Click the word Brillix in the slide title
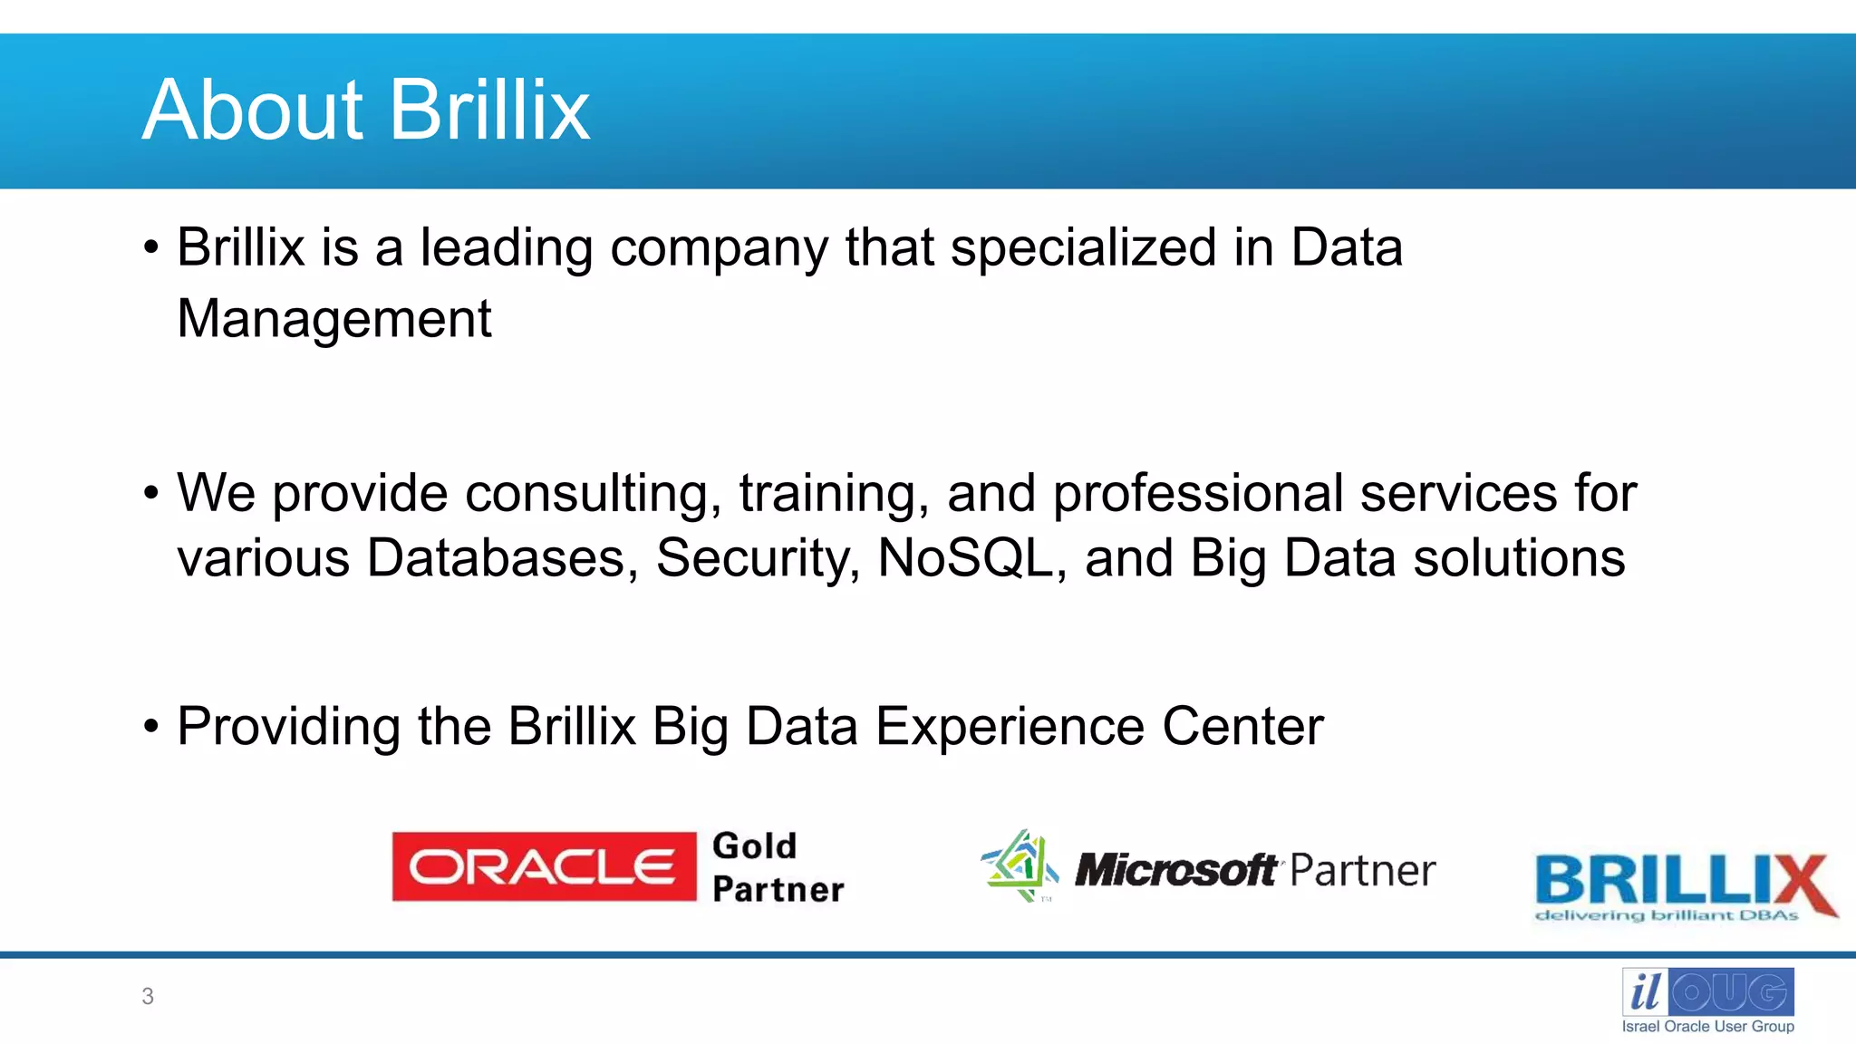click(490, 111)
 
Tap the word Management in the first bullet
click(333, 319)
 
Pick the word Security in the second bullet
click(757, 558)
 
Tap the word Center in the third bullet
click(1242, 727)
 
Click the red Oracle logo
click(544, 867)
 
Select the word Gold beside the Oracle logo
click(754, 846)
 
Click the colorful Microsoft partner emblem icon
click(1020, 865)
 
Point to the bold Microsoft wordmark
click(1176, 871)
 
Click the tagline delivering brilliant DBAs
click(1666, 916)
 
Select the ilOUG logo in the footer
click(1707, 992)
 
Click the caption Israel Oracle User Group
click(1707, 1027)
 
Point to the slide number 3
click(148, 997)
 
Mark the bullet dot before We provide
click(151, 494)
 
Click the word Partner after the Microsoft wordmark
click(1362, 871)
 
